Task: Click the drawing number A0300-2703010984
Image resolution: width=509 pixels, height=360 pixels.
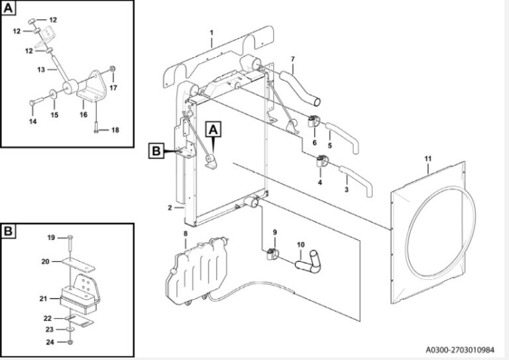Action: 460,350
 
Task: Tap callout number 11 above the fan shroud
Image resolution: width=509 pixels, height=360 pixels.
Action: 428,158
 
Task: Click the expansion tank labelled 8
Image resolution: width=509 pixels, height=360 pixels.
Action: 196,272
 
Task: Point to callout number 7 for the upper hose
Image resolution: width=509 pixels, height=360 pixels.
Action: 293,59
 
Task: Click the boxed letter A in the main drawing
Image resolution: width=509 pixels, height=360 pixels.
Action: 213,130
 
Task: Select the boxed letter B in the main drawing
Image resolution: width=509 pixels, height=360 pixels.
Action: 156,151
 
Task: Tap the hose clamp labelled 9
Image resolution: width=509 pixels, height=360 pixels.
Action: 272,254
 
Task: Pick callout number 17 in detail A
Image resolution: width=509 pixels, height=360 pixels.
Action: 113,88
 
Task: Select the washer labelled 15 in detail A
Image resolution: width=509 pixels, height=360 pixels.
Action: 53,94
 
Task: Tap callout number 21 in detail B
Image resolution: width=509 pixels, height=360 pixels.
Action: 43,298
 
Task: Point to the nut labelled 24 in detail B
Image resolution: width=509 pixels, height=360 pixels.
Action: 70,342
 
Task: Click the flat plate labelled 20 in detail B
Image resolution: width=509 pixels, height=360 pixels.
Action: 78,265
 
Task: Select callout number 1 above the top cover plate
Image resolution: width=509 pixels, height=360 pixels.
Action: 211,32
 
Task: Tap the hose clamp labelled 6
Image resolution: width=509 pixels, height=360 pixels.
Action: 313,122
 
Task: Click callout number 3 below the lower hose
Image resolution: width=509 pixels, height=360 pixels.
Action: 347,189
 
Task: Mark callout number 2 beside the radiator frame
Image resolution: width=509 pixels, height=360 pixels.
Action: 170,208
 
